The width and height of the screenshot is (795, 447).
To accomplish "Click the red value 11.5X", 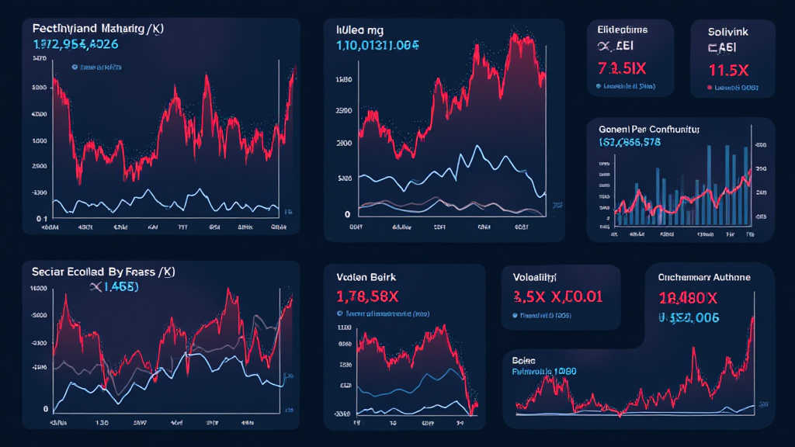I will coord(728,69).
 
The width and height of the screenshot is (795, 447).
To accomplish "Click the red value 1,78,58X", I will coord(369,296).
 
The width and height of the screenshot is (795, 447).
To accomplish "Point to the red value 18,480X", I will coord(688,297).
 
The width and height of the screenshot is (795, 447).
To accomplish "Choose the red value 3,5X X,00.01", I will coord(558,296).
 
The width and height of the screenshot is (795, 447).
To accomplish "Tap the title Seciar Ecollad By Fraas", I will coord(104,272).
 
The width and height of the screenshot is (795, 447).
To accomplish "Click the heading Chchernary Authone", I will coord(704,276).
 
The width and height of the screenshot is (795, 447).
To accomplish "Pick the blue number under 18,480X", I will coord(688,317).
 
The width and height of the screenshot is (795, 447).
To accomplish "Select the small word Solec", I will coord(525,361).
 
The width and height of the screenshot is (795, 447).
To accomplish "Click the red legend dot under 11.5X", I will coord(709,88).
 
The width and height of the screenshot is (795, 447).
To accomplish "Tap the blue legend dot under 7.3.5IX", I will coord(598,86).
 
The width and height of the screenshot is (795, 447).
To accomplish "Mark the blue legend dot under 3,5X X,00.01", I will coord(515,316).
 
